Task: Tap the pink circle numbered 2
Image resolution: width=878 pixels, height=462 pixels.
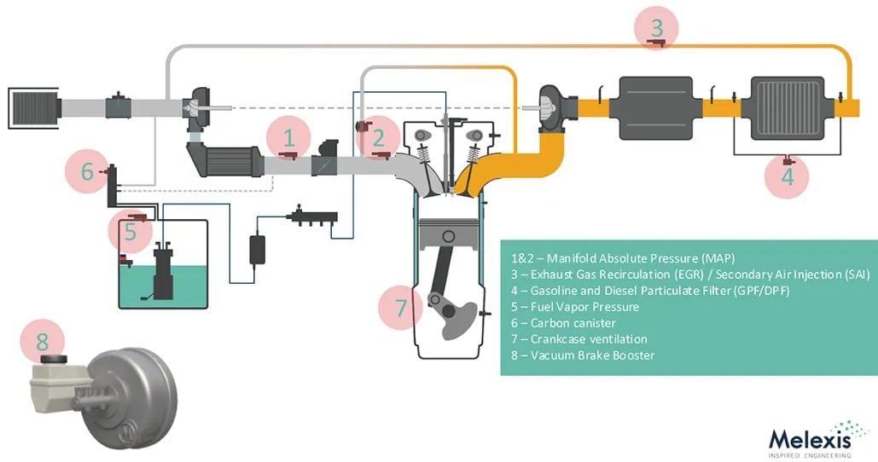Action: pos(381,136)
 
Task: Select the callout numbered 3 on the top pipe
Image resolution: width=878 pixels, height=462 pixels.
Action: pos(656,27)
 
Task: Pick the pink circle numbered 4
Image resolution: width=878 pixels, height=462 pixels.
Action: pos(788,176)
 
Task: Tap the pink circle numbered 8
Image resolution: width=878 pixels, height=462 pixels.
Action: pos(42,343)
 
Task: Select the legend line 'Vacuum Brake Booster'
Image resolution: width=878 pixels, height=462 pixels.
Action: pos(592,355)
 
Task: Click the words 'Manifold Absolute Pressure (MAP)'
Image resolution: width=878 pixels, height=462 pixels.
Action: pos(641,257)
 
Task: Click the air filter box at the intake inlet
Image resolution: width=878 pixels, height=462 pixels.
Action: pos(33,106)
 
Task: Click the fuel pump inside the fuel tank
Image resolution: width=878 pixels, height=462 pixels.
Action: pos(163,273)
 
